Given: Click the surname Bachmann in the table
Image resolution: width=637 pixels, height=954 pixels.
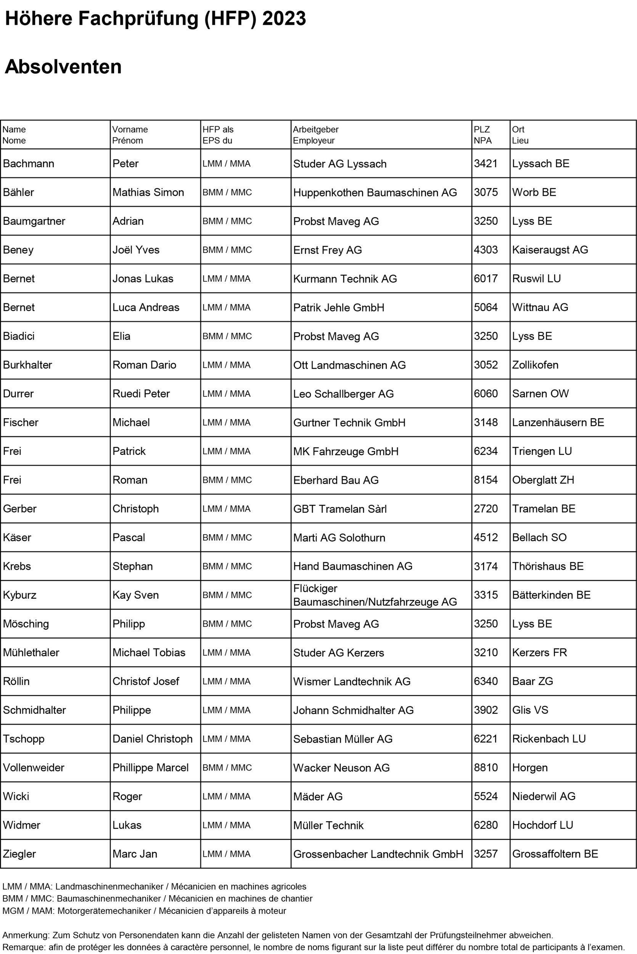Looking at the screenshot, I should (29, 163).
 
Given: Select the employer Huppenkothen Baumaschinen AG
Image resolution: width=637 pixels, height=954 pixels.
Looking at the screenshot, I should (375, 192).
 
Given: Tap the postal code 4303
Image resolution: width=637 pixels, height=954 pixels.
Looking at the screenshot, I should (486, 250).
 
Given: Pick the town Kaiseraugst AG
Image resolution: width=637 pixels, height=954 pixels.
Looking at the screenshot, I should (550, 250).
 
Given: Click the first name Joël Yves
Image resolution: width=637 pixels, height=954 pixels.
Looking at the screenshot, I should (136, 250).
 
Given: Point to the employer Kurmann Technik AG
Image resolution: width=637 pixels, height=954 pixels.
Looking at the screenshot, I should (345, 278).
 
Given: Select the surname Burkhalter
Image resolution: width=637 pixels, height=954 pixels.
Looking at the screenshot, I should (27, 364).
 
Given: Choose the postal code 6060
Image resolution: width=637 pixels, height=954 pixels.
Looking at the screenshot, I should (486, 393).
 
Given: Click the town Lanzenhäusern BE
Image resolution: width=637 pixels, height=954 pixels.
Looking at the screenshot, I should (558, 422).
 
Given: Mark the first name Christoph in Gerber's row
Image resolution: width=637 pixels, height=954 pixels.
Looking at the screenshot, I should (135, 508).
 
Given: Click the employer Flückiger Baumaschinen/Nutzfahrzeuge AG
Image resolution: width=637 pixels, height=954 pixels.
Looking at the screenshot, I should (375, 595).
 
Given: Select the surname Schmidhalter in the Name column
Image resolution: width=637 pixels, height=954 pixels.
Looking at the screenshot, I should (34, 710).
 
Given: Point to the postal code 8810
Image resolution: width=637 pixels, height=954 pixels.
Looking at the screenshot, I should (486, 767).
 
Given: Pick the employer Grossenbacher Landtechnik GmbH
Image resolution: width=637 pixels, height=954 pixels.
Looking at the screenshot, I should (378, 854).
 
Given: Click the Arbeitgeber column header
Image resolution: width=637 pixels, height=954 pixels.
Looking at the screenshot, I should (316, 130).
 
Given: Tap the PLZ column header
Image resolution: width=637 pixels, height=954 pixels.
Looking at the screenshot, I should (481, 130).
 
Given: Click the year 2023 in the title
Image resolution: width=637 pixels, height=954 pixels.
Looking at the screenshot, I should (284, 19).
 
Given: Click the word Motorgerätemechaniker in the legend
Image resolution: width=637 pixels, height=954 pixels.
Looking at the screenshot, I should (104, 910).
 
